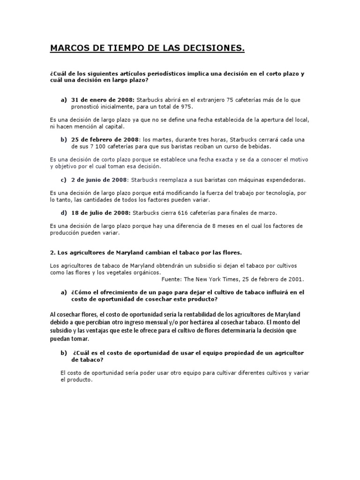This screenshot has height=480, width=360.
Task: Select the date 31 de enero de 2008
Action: pyautogui.click(x=103, y=99)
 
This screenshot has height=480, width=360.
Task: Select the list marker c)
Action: pyautogui.click(x=63, y=180)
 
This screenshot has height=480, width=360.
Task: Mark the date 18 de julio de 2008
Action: pyautogui.click(x=101, y=212)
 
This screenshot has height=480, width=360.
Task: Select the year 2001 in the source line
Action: pyautogui.click(x=295, y=278)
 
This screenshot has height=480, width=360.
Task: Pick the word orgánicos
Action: pyautogui.click(x=147, y=272)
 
